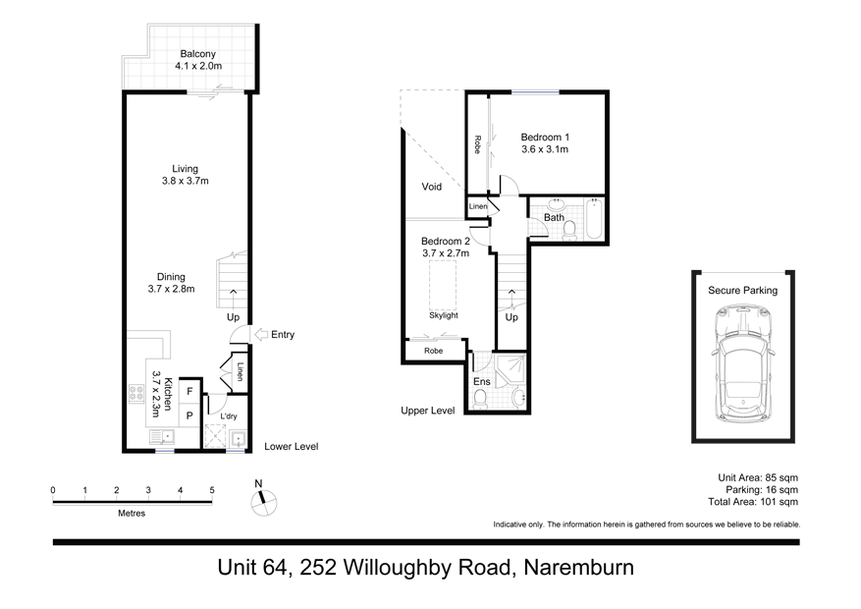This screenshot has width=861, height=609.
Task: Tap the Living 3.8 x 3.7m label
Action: point(186,175)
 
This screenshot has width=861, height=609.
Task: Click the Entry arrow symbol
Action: point(260,335)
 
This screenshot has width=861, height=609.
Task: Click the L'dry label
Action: point(229,416)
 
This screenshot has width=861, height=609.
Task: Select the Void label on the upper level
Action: point(432,187)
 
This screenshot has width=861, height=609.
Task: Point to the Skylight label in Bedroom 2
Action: point(444,315)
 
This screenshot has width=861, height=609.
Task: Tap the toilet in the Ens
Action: point(480,398)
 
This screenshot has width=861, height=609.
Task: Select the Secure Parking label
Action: point(742,291)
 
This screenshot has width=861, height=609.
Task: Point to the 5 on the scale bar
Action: point(212,490)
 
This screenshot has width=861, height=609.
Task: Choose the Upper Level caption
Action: point(427,411)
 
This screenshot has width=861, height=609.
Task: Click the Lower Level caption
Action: point(292,447)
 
